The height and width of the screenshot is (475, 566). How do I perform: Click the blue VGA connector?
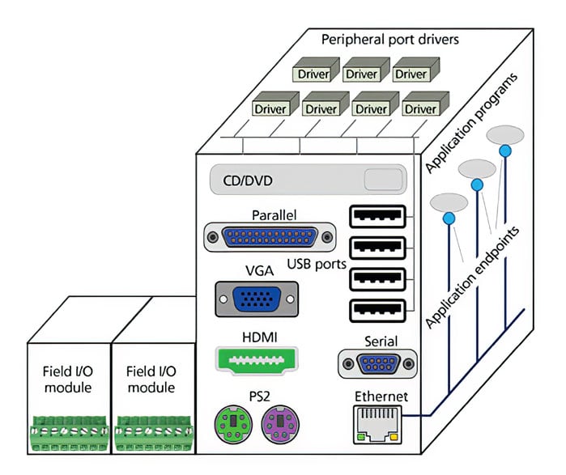coord(256,299)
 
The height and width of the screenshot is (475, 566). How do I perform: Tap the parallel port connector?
coord(269,238)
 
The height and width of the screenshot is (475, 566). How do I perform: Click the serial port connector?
coord(379,363)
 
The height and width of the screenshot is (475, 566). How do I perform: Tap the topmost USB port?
coord(377,217)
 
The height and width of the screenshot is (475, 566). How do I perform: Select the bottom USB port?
coord(377,311)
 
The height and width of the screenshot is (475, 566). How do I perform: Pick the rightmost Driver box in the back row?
coord(410,74)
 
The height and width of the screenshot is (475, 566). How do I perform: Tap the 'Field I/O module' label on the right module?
coord(151,380)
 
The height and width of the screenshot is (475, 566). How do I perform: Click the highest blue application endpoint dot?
coord(504,151)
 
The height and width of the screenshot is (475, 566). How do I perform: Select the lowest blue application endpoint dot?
coord(447,218)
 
